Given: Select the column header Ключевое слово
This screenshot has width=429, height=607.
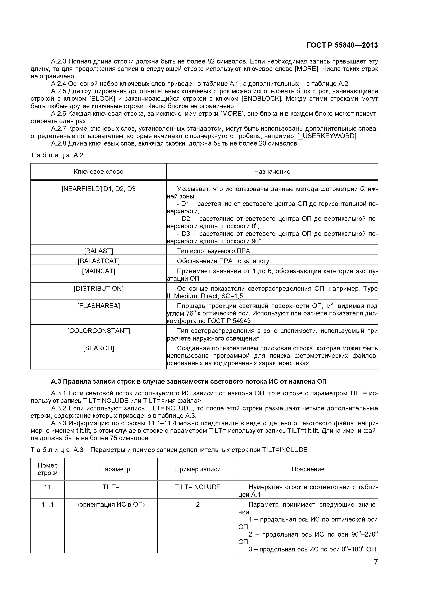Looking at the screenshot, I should (99, 172).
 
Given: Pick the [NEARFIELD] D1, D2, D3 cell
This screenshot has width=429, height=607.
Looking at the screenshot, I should (99, 189).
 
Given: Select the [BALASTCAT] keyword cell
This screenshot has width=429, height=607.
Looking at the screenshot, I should (99, 261).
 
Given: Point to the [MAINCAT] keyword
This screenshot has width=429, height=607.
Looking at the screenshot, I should (99, 271).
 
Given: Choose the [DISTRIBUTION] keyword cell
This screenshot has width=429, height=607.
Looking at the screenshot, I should (99, 288).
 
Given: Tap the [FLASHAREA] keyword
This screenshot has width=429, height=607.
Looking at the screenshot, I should (99, 306).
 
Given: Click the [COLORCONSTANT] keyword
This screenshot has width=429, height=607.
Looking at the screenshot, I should (99, 331).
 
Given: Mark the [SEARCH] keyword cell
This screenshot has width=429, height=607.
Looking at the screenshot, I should (99, 348).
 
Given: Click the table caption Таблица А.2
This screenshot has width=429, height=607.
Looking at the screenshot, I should (57, 155).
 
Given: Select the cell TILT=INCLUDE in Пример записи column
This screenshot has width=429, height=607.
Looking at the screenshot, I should (198, 487).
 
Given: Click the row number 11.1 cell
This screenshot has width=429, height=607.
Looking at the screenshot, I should (48, 504).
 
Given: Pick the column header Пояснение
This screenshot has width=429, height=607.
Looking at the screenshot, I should (308, 469).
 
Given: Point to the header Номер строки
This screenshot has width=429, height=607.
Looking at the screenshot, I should (48, 469).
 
